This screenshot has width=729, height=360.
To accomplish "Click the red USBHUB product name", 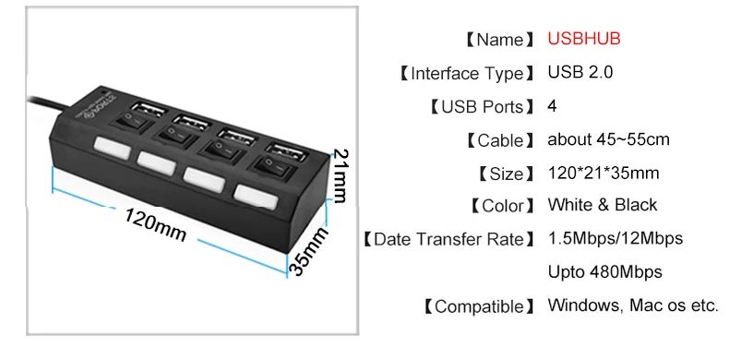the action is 584,39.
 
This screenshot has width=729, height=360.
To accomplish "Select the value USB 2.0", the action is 580,73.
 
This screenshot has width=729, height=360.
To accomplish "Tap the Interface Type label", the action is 468,74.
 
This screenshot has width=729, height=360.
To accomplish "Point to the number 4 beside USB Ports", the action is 552,106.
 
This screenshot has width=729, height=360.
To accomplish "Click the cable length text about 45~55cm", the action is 609,139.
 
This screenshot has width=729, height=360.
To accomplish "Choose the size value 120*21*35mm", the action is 604,173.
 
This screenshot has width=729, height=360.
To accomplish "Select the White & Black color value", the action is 603,205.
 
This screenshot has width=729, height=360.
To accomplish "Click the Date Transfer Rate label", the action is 449,239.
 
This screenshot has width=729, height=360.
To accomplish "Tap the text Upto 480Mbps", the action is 604,272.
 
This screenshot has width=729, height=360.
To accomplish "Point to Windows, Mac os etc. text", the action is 633,306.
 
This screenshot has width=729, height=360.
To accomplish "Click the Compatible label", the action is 480,306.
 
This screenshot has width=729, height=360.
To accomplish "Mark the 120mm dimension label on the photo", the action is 155,224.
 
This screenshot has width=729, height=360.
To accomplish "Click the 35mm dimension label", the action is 308,252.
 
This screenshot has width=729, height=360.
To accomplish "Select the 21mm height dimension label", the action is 341,175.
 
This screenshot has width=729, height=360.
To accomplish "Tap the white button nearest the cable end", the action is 112,148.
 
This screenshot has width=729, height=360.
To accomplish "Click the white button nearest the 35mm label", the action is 257,197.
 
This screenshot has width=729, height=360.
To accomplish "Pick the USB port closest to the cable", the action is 149,110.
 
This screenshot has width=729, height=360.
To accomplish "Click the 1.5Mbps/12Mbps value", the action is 615,238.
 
